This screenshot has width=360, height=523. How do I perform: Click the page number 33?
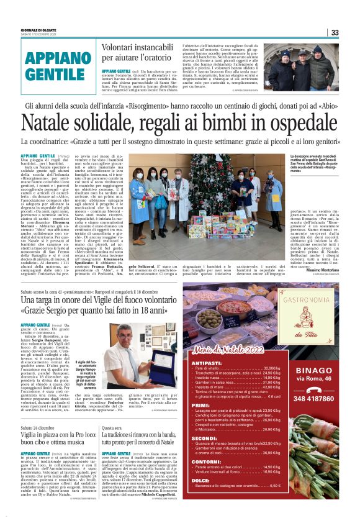335,33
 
